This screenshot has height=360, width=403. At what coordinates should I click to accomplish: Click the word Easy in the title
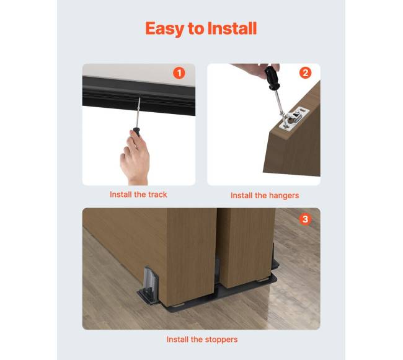165,29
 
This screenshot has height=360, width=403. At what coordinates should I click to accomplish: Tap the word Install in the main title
232,28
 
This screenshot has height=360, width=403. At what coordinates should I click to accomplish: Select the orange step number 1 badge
179,73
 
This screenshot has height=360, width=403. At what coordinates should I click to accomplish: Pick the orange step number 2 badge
305,73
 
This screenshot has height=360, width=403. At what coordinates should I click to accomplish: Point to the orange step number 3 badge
305,219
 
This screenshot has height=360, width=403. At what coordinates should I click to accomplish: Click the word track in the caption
157,195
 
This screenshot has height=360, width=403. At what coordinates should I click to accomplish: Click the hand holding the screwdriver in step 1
135,159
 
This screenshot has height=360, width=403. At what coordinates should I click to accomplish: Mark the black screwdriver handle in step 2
272,77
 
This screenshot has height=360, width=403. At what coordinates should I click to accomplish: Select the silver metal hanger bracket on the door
294,120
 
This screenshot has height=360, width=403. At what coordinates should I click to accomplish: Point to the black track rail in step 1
139,95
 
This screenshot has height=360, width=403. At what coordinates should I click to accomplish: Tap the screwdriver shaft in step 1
138,112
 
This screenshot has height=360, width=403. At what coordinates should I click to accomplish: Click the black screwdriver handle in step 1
136,132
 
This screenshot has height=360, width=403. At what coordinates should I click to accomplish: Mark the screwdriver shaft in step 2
280,103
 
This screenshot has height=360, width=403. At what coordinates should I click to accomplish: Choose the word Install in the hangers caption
241,196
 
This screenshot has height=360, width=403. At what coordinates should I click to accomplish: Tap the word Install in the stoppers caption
177,340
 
